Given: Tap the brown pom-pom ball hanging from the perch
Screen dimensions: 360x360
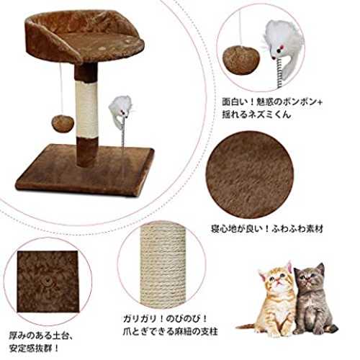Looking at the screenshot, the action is point(63,123).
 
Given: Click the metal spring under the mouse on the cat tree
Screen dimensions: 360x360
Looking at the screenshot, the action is point(123,133).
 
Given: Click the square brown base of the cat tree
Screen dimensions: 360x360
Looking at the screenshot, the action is point(84,171).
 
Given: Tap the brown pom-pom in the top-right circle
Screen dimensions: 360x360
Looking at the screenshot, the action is point(241,60).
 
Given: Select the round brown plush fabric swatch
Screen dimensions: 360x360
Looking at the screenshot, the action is point(250,175).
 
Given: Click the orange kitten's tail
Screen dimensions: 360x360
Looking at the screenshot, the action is point(247,326).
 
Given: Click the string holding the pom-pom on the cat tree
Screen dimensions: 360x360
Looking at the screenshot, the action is point(61,89).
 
